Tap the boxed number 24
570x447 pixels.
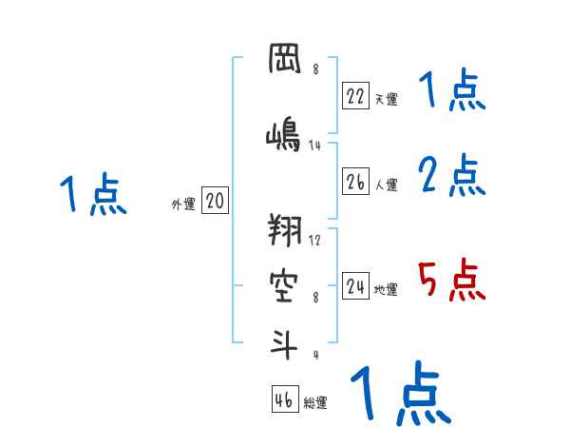click(355, 285)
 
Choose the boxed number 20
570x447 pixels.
click(215, 202)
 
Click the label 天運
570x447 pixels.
click(386, 98)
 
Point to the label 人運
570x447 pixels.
click(386, 185)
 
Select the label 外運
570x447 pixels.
click(182, 204)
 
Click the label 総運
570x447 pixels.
click(315, 403)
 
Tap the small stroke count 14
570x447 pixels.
click(316, 146)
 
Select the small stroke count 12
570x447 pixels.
click(315, 240)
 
